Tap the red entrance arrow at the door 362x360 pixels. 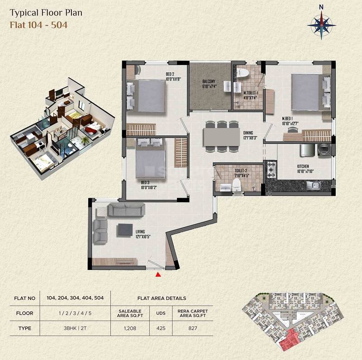[158, 274]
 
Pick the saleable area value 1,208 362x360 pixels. [130, 328]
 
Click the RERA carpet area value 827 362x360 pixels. [193, 328]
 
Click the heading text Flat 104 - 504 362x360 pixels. [38, 25]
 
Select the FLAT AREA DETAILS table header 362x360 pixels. [162, 298]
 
